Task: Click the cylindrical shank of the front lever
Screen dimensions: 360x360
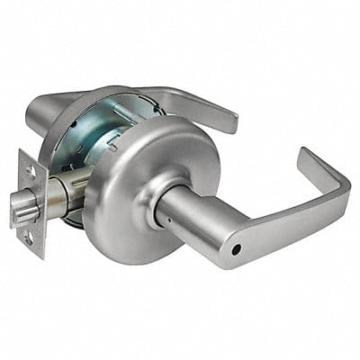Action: tap(193, 211)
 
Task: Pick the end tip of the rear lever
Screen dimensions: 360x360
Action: tap(232, 121)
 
